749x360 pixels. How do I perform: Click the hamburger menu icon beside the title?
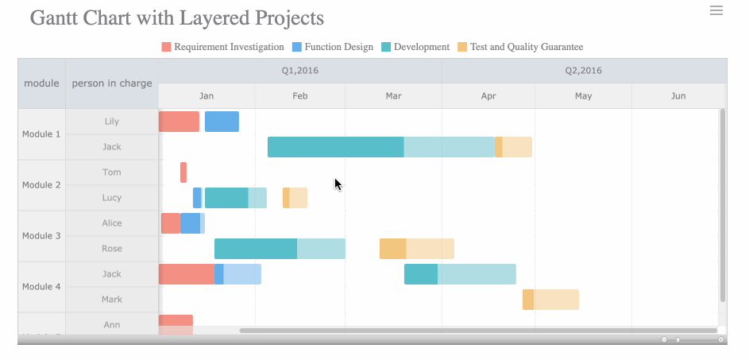point(716,10)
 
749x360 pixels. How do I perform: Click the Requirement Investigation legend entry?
point(222,47)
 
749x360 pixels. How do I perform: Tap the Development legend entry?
point(415,47)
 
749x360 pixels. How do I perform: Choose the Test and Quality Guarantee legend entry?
point(519,47)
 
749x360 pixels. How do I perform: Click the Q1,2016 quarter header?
point(300,71)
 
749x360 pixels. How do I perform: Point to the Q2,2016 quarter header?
point(584,71)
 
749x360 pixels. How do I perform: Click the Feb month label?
point(300,96)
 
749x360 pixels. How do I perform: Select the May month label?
point(583,96)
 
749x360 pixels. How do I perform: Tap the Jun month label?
point(678,96)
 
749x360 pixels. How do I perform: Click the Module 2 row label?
point(41,185)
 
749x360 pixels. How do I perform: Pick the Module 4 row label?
point(41,287)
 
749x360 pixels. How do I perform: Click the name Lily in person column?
point(112,122)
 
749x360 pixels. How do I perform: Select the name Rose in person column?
point(112,249)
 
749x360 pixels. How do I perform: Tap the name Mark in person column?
point(112,300)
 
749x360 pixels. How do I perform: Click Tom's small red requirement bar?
point(183,172)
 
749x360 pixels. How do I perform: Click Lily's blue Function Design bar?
point(222,122)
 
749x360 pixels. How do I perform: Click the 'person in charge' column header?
point(112,83)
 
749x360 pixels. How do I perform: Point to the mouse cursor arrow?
point(338,184)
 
